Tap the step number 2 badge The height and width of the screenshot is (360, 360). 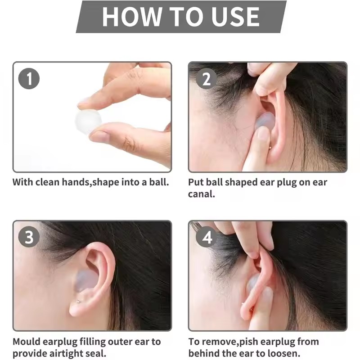point(207,79)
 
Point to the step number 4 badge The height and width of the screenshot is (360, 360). point(207,237)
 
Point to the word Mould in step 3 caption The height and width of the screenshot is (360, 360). point(26,342)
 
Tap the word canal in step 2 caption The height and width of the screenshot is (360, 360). point(201,194)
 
